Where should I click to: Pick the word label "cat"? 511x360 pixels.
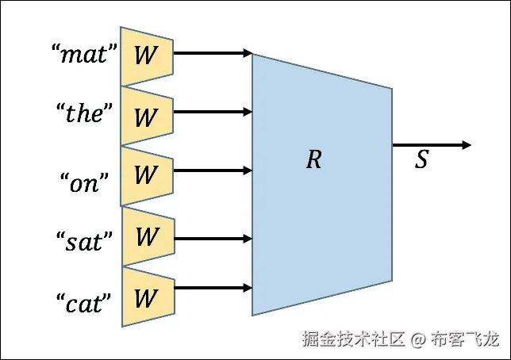click(x=83, y=302)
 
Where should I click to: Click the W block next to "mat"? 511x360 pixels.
click(x=147, y=56)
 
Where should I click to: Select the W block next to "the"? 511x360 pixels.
click(x=147, y=116)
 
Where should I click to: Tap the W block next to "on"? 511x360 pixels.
click(x=147, y=175)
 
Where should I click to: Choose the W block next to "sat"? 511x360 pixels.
click(x=147, y=237)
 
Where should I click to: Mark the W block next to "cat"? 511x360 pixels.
click(x=147, y=297)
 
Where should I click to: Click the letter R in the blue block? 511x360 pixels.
click(x=314, y=160)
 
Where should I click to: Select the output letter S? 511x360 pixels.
click(x=422, y=160)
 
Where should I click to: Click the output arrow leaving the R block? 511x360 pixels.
click(x=431, y=145)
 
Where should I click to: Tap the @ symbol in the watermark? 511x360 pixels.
click(x=419, y=340)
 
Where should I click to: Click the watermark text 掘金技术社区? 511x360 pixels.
click(x=353, y=340)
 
